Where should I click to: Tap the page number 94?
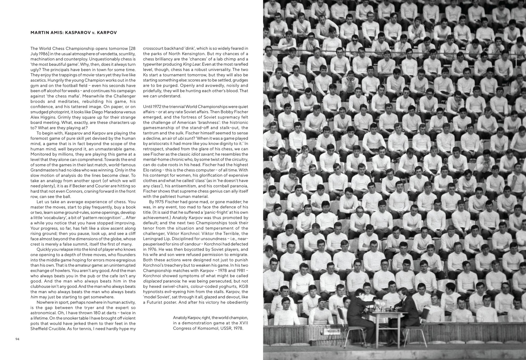[x=17, y=339]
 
